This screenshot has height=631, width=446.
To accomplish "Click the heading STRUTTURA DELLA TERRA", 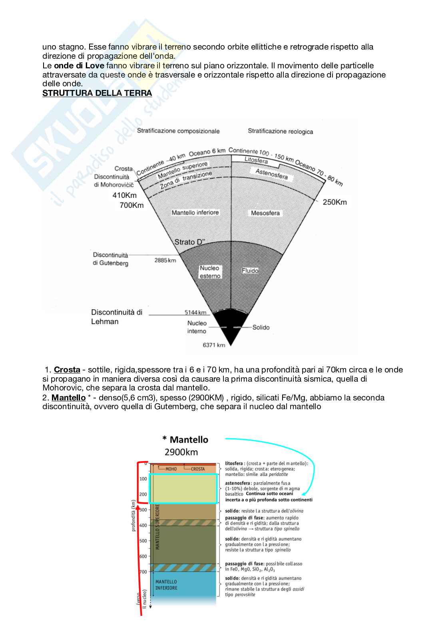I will [97, 93].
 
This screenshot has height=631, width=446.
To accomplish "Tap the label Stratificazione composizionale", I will [178, 131].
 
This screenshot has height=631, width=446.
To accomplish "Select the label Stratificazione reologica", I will [280, 131].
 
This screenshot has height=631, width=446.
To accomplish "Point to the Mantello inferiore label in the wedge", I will [195, 213].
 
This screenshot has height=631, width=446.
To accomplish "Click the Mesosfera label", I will [265, 213].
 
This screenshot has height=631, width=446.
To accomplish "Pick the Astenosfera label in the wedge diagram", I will [271, 175].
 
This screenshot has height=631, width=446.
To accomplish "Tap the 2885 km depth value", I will [165, 260].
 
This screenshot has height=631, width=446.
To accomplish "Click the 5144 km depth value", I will [195, 313].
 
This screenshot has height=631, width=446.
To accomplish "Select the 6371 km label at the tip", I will [214, 345].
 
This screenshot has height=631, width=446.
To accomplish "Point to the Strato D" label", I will [190, 242].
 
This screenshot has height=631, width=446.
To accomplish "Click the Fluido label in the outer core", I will [250, 271].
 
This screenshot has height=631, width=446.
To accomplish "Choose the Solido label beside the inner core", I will [261, 327].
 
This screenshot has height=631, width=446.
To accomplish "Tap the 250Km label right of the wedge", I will [334, 202].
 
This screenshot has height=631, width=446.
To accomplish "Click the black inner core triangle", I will [230, 326].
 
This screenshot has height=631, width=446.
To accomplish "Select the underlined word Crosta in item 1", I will [67, 370].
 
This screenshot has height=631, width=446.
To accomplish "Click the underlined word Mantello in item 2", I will [68, 398].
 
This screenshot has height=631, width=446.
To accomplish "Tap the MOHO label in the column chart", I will [171, 469].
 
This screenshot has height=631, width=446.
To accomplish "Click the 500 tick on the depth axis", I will [143, 541].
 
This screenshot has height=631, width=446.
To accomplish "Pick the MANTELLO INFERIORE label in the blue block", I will [166, 585].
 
